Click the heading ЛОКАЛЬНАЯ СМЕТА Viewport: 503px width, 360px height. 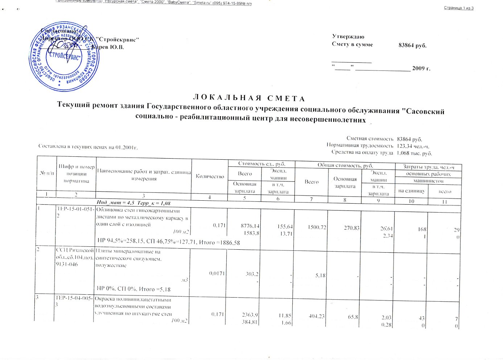click(x=248, y=98)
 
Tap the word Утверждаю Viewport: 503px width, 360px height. click(x=348, y=37)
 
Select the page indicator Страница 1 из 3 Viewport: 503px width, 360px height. click(x=458, y=8)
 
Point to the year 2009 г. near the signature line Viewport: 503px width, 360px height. click(x=421, y=68)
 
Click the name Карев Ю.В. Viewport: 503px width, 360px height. click(x=108, y=47)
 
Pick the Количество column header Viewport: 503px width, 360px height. click(x=210, y=176)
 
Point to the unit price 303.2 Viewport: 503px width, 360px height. click(x=252, y=274)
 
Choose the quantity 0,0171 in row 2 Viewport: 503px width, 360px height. click(x=217, y=273)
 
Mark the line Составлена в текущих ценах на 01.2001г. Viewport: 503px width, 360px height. click(x=88, y=147)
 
